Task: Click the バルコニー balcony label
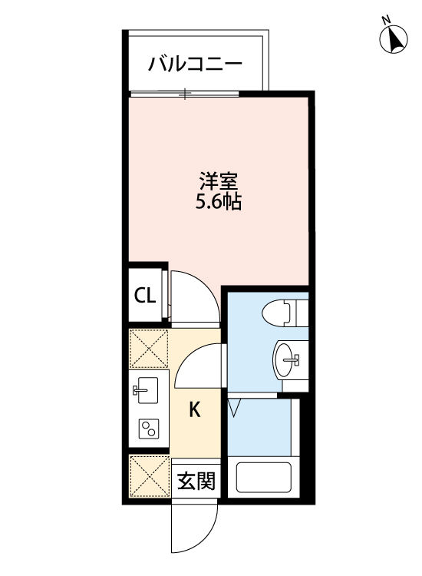pos(195,63)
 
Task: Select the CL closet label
pos(145,296)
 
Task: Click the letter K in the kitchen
pos(195,409)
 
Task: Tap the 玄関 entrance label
pos(196,482)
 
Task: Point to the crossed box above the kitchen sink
pos(148,348)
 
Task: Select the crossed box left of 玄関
pos(148,477)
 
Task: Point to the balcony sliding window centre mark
pos(185,94)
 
